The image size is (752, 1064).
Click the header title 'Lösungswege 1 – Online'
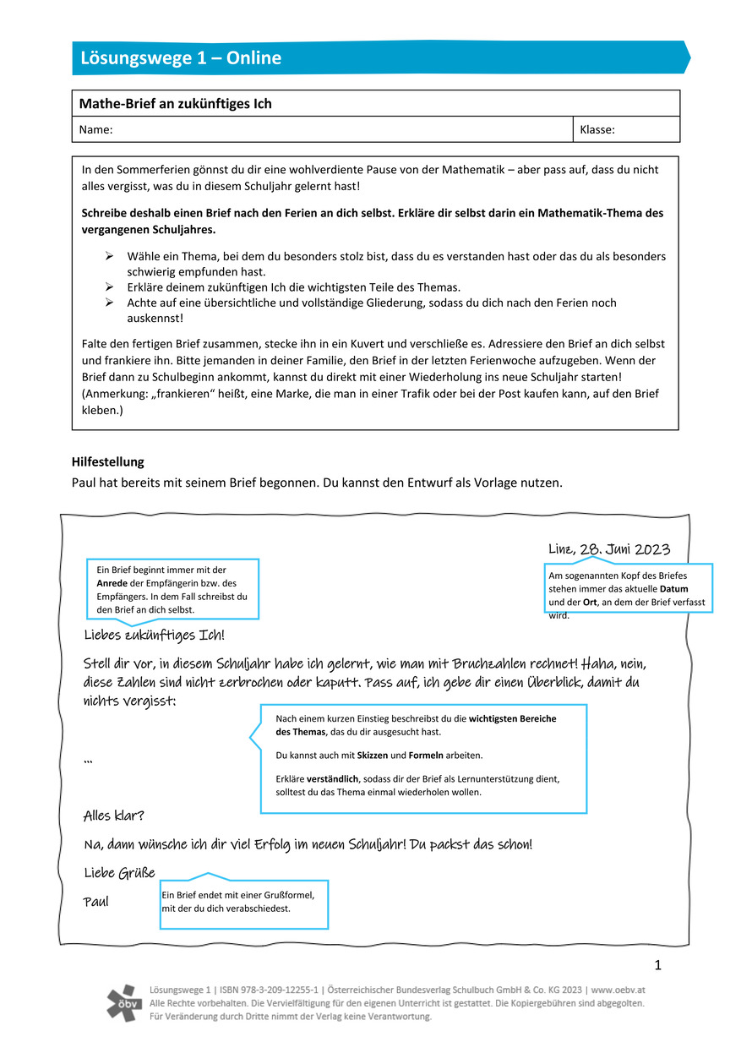point(181,58)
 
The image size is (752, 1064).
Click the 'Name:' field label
point(95,130)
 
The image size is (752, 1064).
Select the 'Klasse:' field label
point(597,130)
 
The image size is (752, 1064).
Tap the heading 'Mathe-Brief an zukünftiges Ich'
point(175,104)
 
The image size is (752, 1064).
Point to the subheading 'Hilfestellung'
point(108,462)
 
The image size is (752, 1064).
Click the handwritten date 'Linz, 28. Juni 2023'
point(609,549)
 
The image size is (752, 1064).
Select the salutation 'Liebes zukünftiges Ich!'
point(155,635)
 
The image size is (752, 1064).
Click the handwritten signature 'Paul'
point(96,902)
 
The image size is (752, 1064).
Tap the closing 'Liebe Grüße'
point(119,873)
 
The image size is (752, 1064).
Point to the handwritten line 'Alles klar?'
point(114,816)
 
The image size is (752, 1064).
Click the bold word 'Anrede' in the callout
point(112,583)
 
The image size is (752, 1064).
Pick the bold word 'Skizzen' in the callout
point(373,755)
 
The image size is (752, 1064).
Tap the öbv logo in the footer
point(124,1002)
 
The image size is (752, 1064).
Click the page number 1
point(657,966)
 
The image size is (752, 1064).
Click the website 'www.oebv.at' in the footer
point(618,990)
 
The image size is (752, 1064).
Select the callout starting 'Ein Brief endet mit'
point(244,903)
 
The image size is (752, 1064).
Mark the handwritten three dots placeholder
point(89,763)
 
